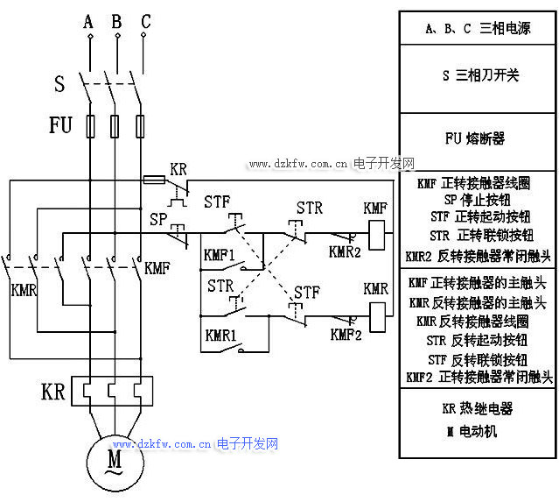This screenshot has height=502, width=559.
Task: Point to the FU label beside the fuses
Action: coord(59,125)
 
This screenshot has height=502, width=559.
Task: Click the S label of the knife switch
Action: coord(59,85)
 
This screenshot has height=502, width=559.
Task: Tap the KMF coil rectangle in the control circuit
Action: coord(375,234)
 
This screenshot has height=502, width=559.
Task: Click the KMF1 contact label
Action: coord(220,255)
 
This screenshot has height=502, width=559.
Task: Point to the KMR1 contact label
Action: coord(220,336)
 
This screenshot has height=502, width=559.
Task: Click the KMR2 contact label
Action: coord(345,252)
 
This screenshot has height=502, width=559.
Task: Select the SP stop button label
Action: coord(158,218)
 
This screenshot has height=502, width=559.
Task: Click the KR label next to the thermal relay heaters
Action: coord(53,391)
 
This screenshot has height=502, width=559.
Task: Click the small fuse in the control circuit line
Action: coord(154,180)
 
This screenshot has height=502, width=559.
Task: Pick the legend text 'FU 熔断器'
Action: coord(474,138)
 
